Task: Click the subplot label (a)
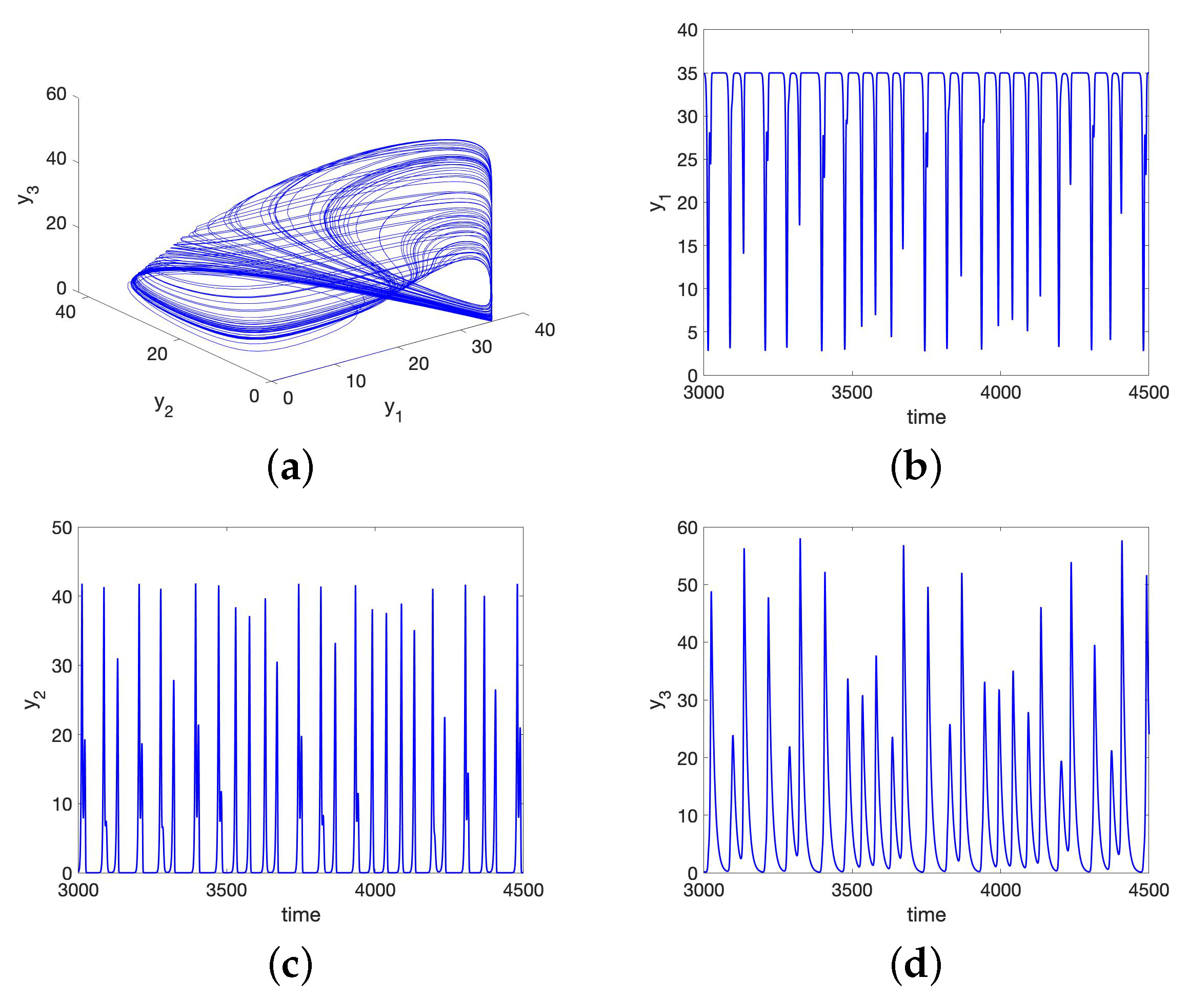pyautogui.click(x=290, y=468)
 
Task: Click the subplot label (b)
pyautogui.click(x=915, y=468)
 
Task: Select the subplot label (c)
pyautogui.click(x=290, y=965)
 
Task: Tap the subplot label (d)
pyautogui.click(x=915, y=965)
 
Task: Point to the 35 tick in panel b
pyautogui.click(x=687, y=73)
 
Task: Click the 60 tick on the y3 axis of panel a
pyautogui.click(x=56, y=94)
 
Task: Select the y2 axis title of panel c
pyautogui.click(x=34, y=700)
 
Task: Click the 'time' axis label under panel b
pyautogui.click(x=926, y=417)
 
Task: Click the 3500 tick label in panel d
pyautogui.click(x=851, y=890)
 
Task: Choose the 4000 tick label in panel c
pyautogui.click(x=375, y=890)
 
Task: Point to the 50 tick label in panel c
pyautogui.click(x=62, y=528)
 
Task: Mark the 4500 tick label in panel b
pyautogui.click(x=1149, y=393)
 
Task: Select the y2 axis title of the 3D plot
pyautogui.click(x=164, y=405)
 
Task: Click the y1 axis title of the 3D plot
pyautogui.click(x=393, y=409)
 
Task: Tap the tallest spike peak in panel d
pyautogui.click(x=800, y=539)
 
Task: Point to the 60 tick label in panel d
pyautogui.click(x=687, y=528)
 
